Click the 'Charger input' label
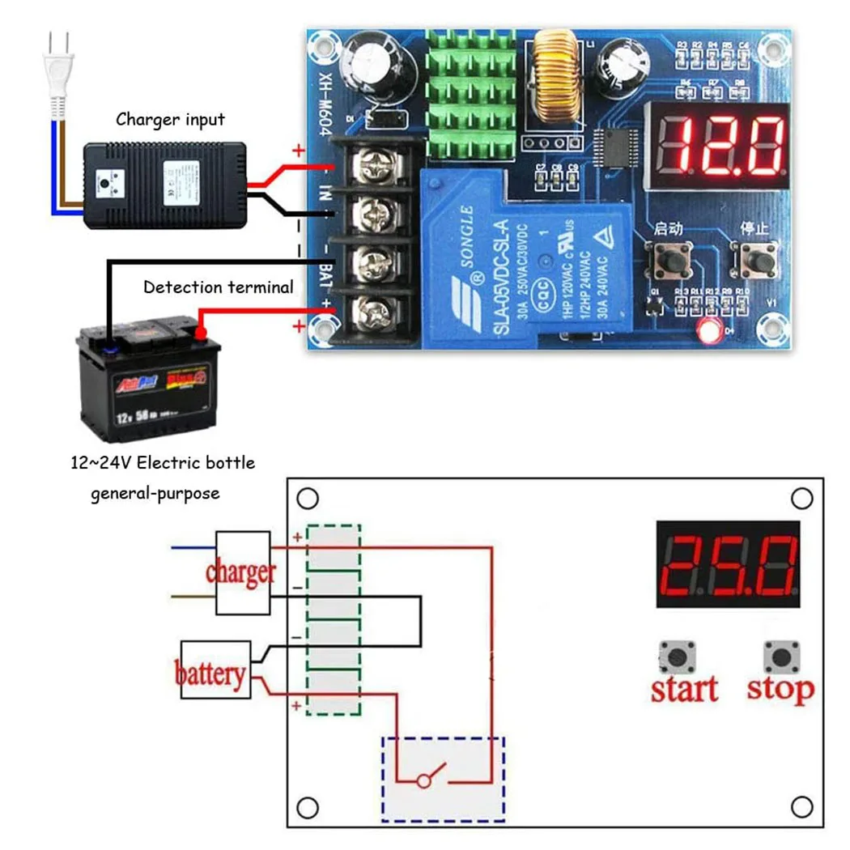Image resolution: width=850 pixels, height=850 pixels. tap(170, 120)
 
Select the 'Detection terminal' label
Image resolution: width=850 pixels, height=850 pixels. tap(219, 287)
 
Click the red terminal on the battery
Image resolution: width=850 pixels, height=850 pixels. tap(200, 331)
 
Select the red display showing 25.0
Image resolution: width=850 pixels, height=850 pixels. tap(729, 563)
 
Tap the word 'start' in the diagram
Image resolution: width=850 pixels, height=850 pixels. tap(684, 690)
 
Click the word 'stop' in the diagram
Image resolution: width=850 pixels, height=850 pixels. tap(780, 690)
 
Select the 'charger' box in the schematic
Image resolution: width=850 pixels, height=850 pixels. tap(241, 572)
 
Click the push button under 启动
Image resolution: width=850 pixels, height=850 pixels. tap(672, 260)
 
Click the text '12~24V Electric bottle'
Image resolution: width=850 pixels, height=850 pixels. tap(163, 464)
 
